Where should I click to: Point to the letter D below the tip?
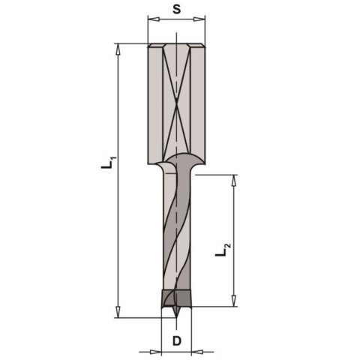tap(177, 341)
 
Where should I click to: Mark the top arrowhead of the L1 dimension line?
tap(118, 47)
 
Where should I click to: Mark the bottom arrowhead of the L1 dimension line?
tap(118, 313)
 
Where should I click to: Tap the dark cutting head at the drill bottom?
tap(176, 298)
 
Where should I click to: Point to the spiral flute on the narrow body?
tap(176, 232)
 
